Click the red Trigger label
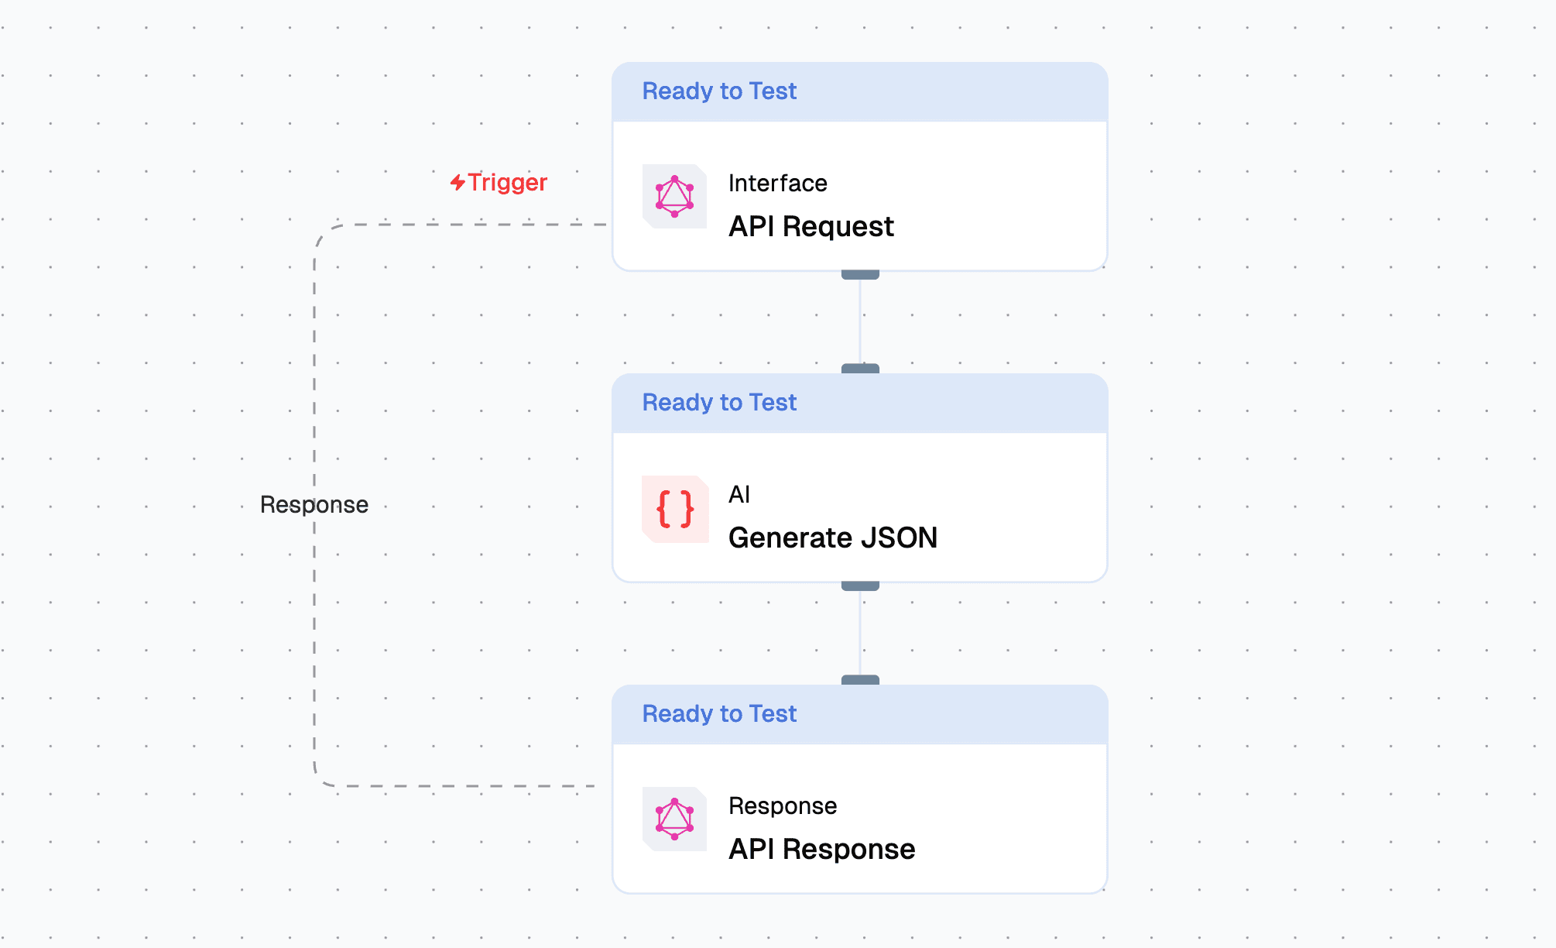point(507,183)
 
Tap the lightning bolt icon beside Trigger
point(458,182)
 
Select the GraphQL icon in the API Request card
point(674,197)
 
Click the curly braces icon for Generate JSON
point(675,509)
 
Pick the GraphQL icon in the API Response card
point(674,819)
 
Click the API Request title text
point(811,227)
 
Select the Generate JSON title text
point(832,538)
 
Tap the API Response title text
point(821,850)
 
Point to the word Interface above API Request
point(777,184)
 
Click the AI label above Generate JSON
point(739,495)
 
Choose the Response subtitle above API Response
point(782,806)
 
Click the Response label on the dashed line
point(314,505)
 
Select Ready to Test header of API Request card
point(718,91)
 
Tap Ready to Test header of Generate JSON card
point(718,403)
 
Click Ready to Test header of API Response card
point(718,714)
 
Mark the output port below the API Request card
point(860,275)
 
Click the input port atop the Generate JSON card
point(860,369)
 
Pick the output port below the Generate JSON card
point(860,586)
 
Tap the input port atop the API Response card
point(860,680)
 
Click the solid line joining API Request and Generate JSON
point(860,321)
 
